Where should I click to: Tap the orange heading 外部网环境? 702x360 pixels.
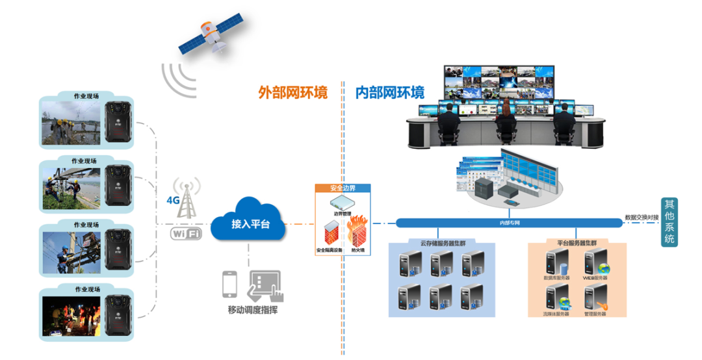292,92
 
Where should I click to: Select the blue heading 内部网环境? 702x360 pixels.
390,92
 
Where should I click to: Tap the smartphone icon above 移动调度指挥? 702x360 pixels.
229,284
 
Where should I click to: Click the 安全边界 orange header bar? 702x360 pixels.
343,188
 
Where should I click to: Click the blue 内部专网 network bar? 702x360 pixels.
508,223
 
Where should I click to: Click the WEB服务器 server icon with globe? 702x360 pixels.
595,263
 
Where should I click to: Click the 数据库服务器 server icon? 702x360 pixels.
556,263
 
